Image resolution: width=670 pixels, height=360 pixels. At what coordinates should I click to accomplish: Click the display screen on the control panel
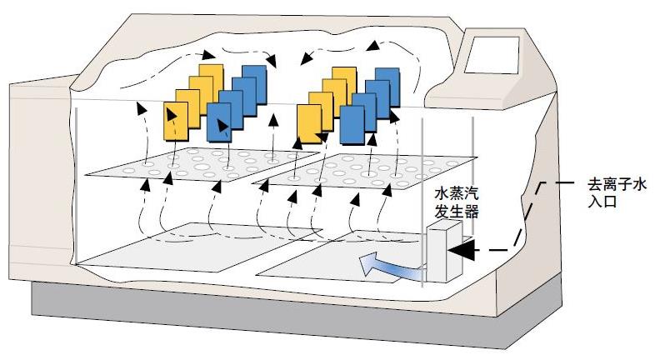tap(492, 58)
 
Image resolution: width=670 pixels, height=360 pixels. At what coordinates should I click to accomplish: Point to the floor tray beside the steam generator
tap(342, 264)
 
